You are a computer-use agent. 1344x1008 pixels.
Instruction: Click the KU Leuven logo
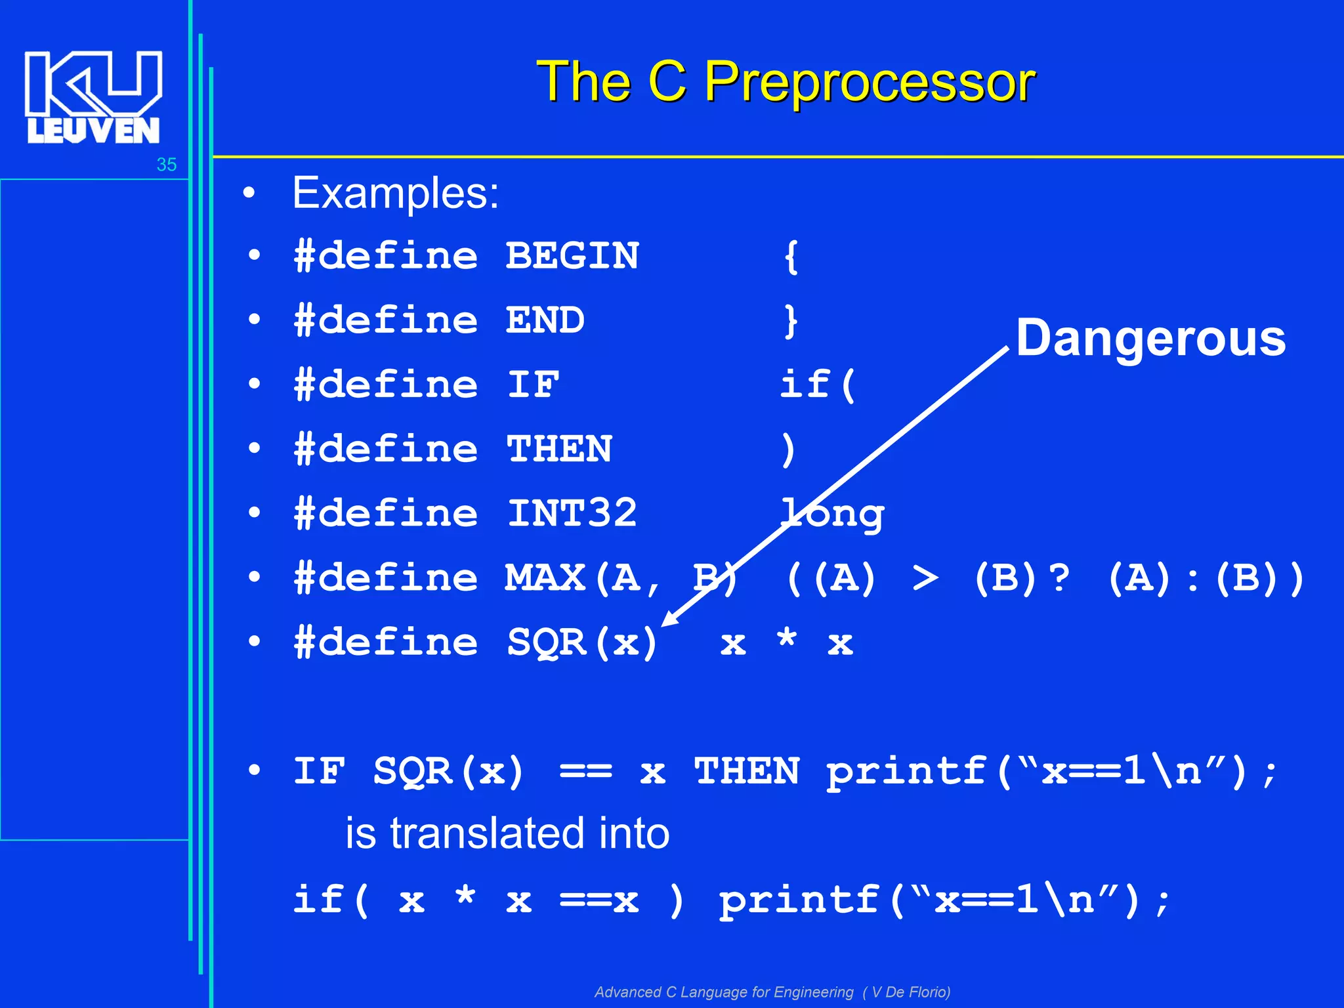pyautogui.click(x=93, y=97)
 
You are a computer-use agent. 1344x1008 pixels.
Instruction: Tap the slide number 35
pyautogui.click(x=167, y=165)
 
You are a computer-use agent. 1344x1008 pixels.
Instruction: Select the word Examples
pyautogui.click(x=395, y=193)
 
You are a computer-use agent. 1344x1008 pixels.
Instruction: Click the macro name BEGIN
pyautogui.click(x=572, y=256)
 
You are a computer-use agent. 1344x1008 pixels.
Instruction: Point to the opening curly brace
pyautogui.click(x=791, y=257)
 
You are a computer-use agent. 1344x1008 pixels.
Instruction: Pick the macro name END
pyautogui.click(x=545, y=320)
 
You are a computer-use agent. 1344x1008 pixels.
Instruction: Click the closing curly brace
pyautogui.click(x=791, y=321)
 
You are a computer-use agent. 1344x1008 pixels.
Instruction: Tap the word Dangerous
pyautogui.click(x=1150, y=338)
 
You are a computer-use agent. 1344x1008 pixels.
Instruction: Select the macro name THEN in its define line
pyautogui.click(x=559, y=449)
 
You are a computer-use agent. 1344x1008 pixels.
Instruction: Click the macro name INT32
pyautogui.click(x=572, y=513)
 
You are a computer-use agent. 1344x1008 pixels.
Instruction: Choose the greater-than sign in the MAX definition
pyautogui.click(x=925, y=578)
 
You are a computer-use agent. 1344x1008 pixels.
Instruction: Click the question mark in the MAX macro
pyautogui.click(x=1059, y=578)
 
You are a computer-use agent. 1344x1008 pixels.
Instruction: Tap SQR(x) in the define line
pyautogui.click(x=582, y=642)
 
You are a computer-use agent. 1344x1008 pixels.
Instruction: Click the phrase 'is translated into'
pyautogui.click(x=507, y=833)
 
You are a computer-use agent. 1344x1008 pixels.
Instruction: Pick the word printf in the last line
pyautogui.click(x=799, y=900)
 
